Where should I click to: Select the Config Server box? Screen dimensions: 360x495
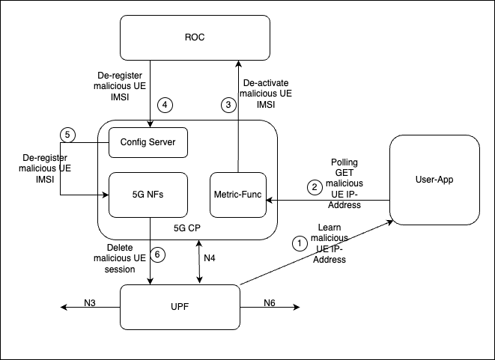(148, 142)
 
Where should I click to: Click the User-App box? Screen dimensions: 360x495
(434, 180)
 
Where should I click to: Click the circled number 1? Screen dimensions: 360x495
(300, 242)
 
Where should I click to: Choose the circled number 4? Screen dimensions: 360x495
(165, 105)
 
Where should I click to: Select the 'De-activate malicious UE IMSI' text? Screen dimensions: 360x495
(267, 93)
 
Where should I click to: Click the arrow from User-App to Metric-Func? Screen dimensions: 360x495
(330, 201)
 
